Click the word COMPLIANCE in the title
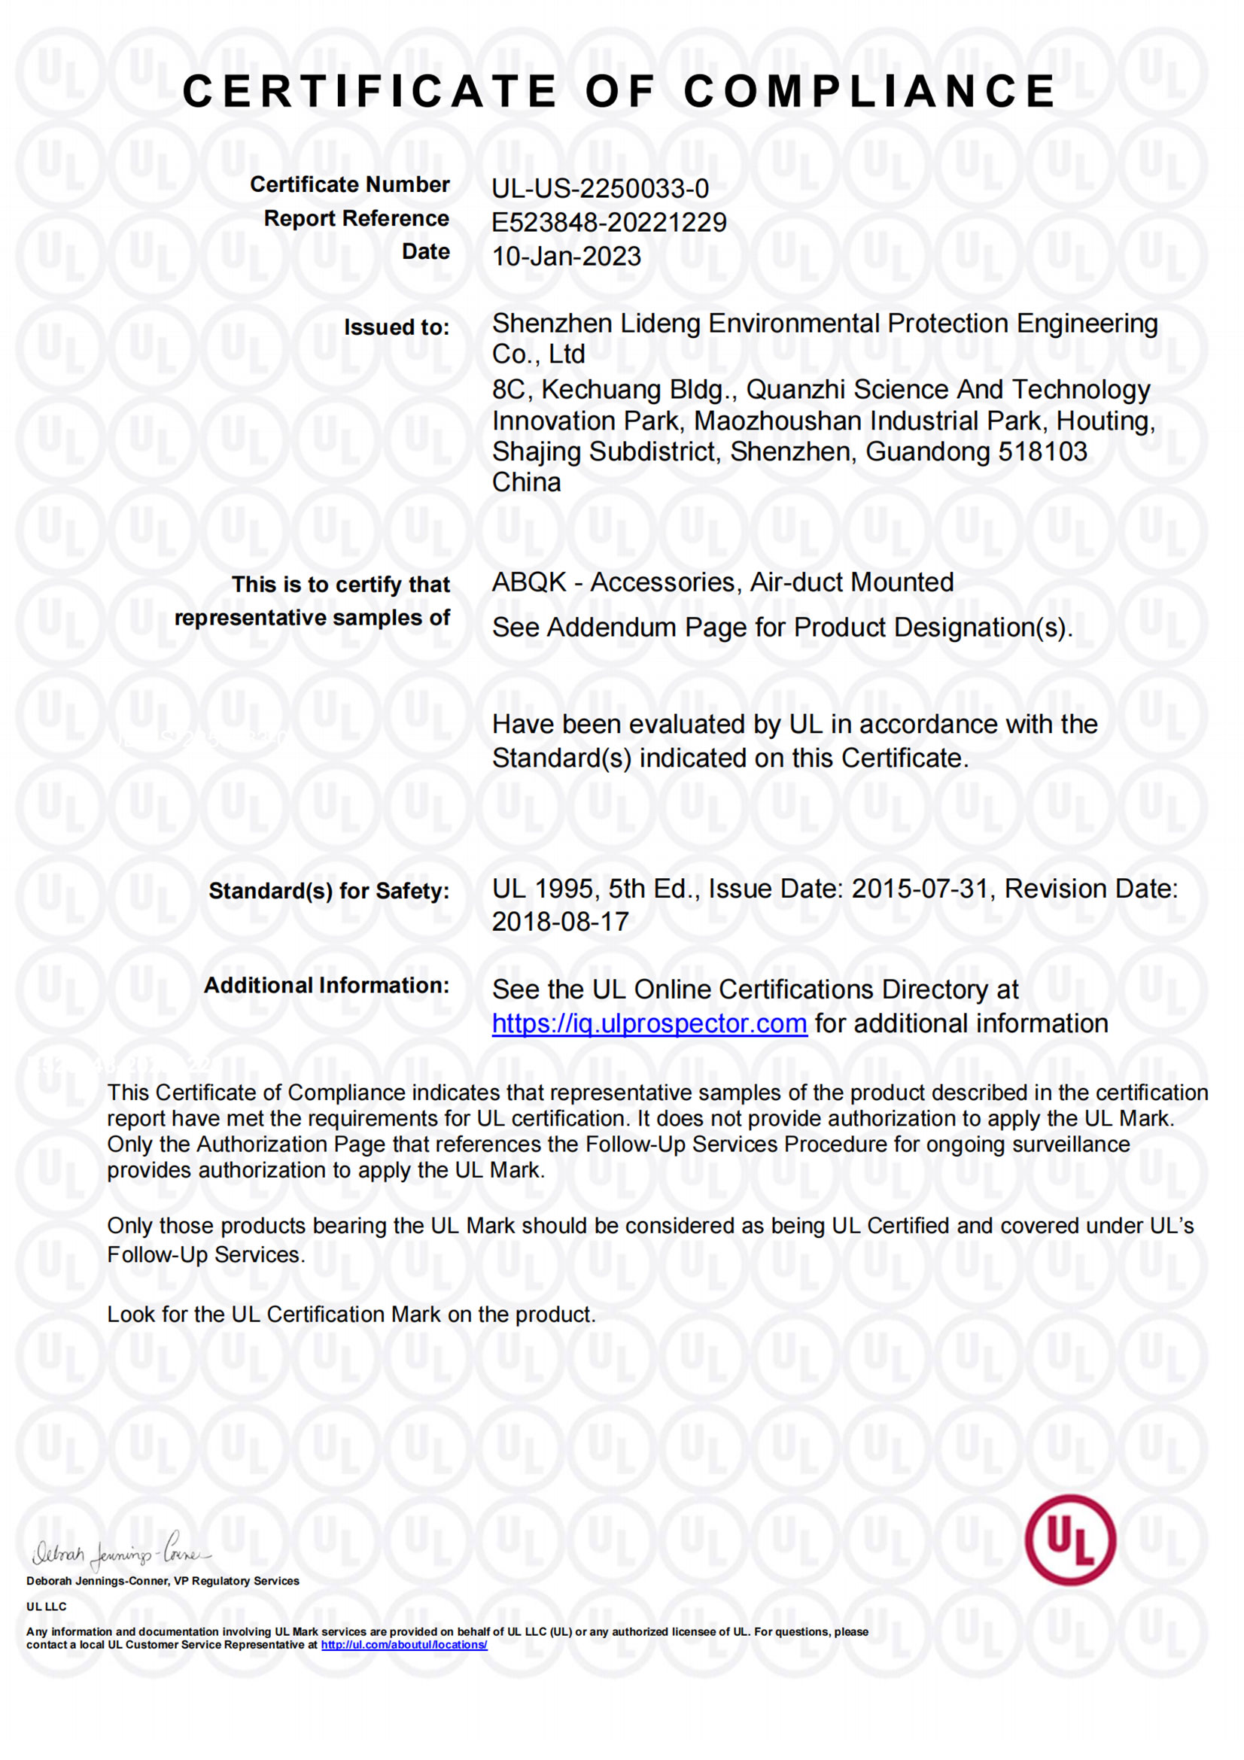(869, 92)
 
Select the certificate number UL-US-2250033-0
(600, 189)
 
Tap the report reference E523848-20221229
(609, 222)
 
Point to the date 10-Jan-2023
(567, 256)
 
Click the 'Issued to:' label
(397, 327)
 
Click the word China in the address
(526, 482)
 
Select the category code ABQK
(529, 582)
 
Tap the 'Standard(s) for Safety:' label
(329, 891)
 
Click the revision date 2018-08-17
(561, 922)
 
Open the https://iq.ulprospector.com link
(649, 1023)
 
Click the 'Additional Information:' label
(327, 986)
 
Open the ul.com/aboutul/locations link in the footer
(404, 1645)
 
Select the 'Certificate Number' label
(349, 185)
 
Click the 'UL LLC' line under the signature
(46, 1606)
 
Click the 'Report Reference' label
(357, 218)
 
